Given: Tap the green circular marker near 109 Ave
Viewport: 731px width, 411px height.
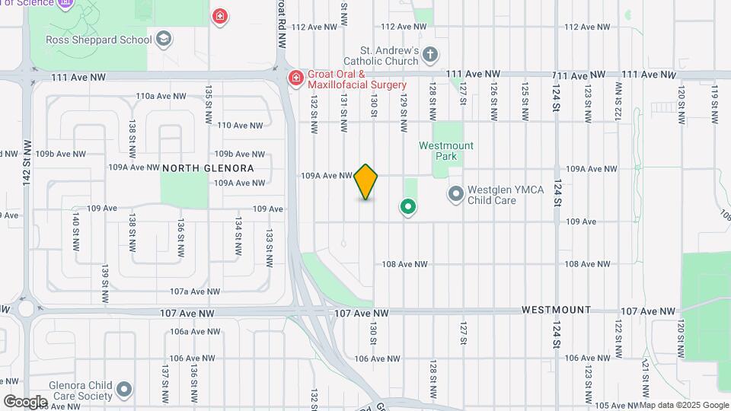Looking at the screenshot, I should click(408, 206).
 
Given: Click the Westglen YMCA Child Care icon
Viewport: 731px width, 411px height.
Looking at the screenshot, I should click(455, 195).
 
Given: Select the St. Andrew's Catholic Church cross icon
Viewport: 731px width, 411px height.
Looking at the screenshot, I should click(430, 54).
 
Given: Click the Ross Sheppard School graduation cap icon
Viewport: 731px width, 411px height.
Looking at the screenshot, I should click(163, 39).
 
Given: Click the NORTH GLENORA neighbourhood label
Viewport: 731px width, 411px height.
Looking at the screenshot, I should click(207, 167).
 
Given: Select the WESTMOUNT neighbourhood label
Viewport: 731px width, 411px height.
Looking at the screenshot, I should click(556, 311).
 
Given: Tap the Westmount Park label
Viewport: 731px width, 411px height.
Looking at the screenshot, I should click(446, 151).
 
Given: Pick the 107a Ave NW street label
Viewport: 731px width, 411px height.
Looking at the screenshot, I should click(194, 292).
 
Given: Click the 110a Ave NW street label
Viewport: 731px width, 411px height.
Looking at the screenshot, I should click(161, 96).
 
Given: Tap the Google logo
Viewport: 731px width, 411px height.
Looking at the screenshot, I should click(25, 402).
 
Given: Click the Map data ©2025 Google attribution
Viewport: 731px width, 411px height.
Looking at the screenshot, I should click(685, 405).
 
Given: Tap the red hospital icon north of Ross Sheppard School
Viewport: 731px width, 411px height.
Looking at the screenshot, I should click(220, 16).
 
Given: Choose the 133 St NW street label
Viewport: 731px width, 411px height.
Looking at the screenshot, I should click(269, 248).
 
